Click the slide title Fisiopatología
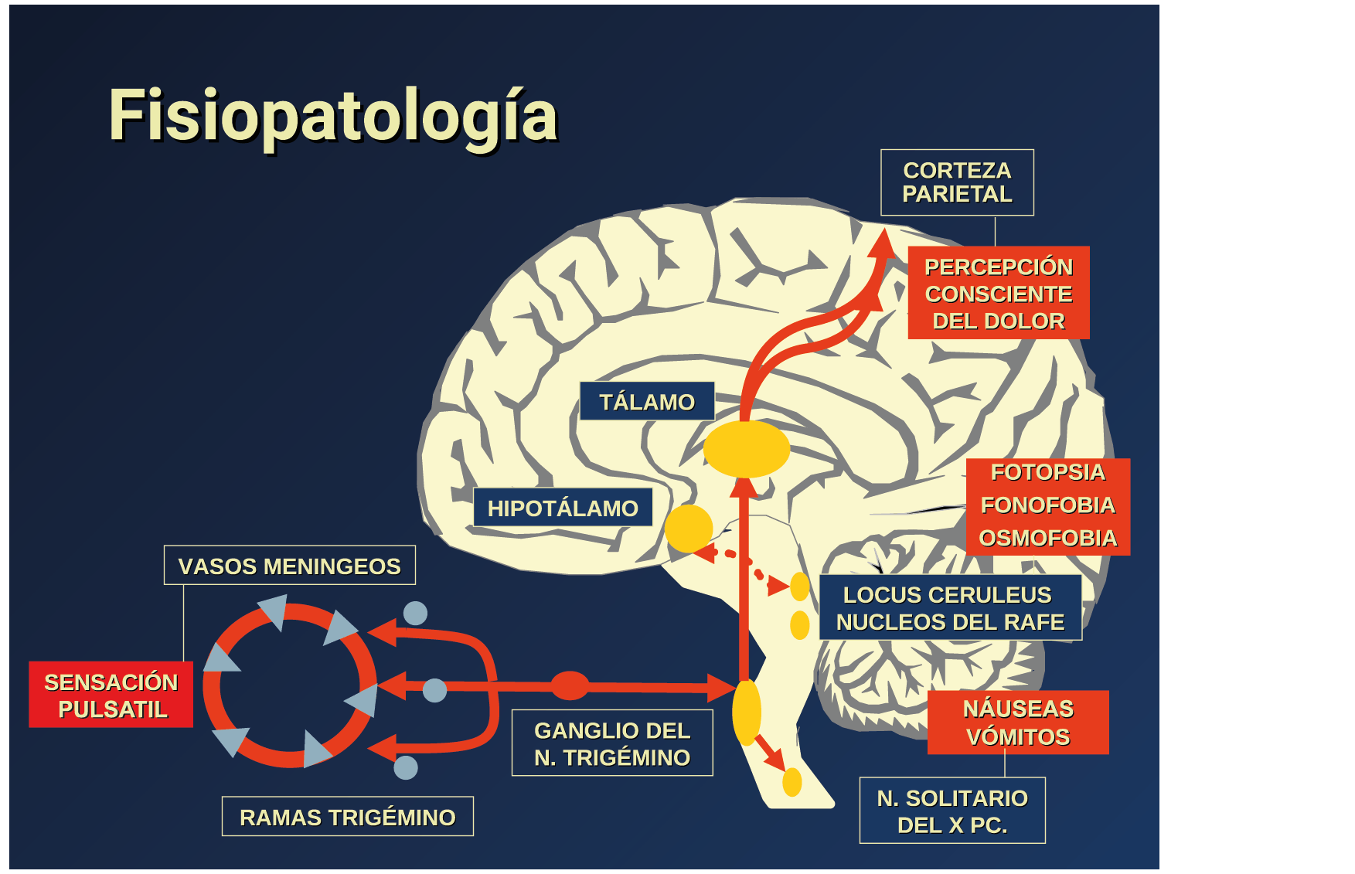[332, 116]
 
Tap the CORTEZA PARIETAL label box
[957, 182]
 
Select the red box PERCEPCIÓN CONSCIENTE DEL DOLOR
[999, 294]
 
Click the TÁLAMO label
[647, 401]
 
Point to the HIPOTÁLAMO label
[563, 508]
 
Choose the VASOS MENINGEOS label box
[289, 566]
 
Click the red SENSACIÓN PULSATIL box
[111, 695]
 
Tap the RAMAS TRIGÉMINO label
[347, 817]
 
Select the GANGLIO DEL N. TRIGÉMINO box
[612, 743]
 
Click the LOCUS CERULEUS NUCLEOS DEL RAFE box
[950, 608]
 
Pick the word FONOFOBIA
[1047, 505]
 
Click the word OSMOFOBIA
[1047, 538]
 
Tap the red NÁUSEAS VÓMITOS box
[1018, 723]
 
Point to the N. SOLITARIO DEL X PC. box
[952, 811]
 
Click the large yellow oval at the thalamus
[746, 448]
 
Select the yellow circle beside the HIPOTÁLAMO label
[688, 529]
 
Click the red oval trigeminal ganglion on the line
[570, 685]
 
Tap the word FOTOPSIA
[1047, 472]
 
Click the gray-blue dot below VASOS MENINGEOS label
[415, 614]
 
